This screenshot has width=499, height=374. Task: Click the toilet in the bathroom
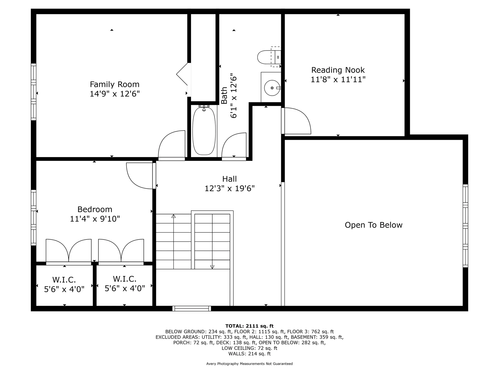269,57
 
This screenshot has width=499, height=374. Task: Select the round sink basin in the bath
272,88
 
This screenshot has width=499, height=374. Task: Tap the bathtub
204,131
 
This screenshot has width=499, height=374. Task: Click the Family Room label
115,84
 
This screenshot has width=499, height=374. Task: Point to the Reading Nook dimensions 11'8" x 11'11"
338,79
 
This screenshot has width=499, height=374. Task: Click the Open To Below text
373,225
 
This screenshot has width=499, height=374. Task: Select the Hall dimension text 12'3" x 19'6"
229,188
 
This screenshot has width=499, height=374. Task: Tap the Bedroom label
95,209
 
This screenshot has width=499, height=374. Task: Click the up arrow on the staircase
174,216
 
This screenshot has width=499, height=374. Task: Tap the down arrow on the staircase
212,267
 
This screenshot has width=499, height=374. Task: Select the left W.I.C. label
64,280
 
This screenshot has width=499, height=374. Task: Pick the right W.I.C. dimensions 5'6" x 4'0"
125,288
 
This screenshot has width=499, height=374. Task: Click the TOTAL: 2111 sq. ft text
249,326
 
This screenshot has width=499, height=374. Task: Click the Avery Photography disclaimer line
249,364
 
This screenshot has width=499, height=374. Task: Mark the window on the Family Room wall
34,92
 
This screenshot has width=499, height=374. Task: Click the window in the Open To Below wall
465,226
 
